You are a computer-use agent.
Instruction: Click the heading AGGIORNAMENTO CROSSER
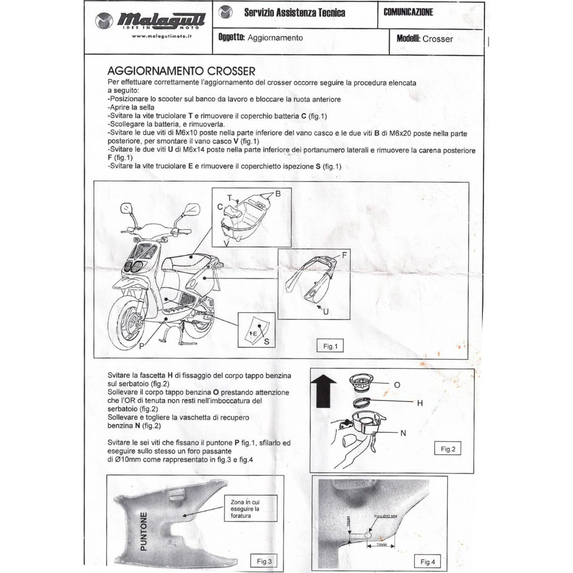[181, 71]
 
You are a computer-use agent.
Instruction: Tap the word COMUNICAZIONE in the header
[408, 12]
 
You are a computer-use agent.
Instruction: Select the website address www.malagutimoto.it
[161, 36]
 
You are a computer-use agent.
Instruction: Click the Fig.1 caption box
[330, 346]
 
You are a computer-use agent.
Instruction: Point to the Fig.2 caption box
[448, 449]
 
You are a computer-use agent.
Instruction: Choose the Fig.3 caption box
[265, 561]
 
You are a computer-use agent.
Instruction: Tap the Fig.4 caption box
[427, 561]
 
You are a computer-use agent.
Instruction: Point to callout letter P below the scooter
[142, 346]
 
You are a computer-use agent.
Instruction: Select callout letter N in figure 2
[404, 432]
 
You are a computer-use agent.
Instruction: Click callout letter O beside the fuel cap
[397, 385]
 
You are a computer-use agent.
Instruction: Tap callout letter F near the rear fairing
[344, 255]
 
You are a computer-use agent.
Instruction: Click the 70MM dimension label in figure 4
[382, 545]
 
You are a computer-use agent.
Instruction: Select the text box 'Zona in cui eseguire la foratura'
[245, 508]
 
